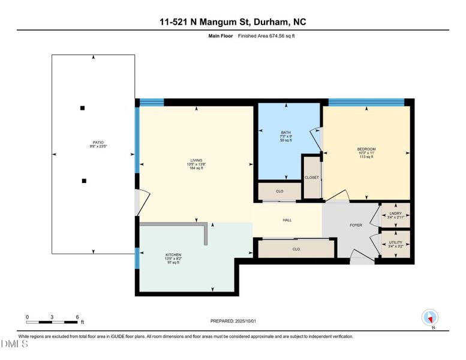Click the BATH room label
tap(285, 133)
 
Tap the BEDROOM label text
tap(366, 149)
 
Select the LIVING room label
tap(197, 160)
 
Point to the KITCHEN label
tap(173, 255)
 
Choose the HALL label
tap(287, 220)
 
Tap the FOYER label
tap(356, 226)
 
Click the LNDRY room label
tap(395, 213)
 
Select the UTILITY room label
tap(395, 242)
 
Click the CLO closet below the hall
tap(296, 248)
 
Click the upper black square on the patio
tap(83, 108)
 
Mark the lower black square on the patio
tap(84, 181)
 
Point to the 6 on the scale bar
tap(77, 316)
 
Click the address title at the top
tap(233, 22)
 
